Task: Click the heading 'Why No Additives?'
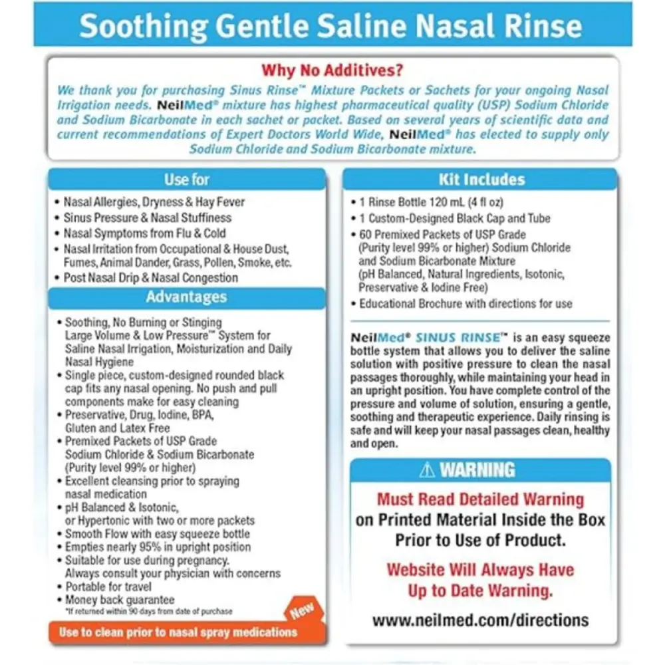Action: (x=332, y=70)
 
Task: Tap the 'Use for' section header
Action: (x=187, y=180)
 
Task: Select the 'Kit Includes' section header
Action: (x=481, y=180)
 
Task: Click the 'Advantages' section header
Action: (x=186, y=297)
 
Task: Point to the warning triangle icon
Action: (x=427, y=470)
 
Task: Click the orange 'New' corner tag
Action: (x=301, y=610)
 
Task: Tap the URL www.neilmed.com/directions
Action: (x=480, y=620)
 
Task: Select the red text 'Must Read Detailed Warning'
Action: (x=480, y=499)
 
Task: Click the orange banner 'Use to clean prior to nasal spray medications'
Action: (x=178, y=632)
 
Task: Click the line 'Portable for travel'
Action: (x=108, y=587)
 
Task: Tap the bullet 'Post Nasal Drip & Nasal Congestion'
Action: (x=150, y=278)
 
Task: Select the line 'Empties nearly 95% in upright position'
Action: (x=158, y=547)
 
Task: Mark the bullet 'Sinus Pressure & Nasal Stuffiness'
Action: (x=147, y=217)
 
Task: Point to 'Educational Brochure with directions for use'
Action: (x=465, y=304)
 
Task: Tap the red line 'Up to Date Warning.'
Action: (x=480, y=590)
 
